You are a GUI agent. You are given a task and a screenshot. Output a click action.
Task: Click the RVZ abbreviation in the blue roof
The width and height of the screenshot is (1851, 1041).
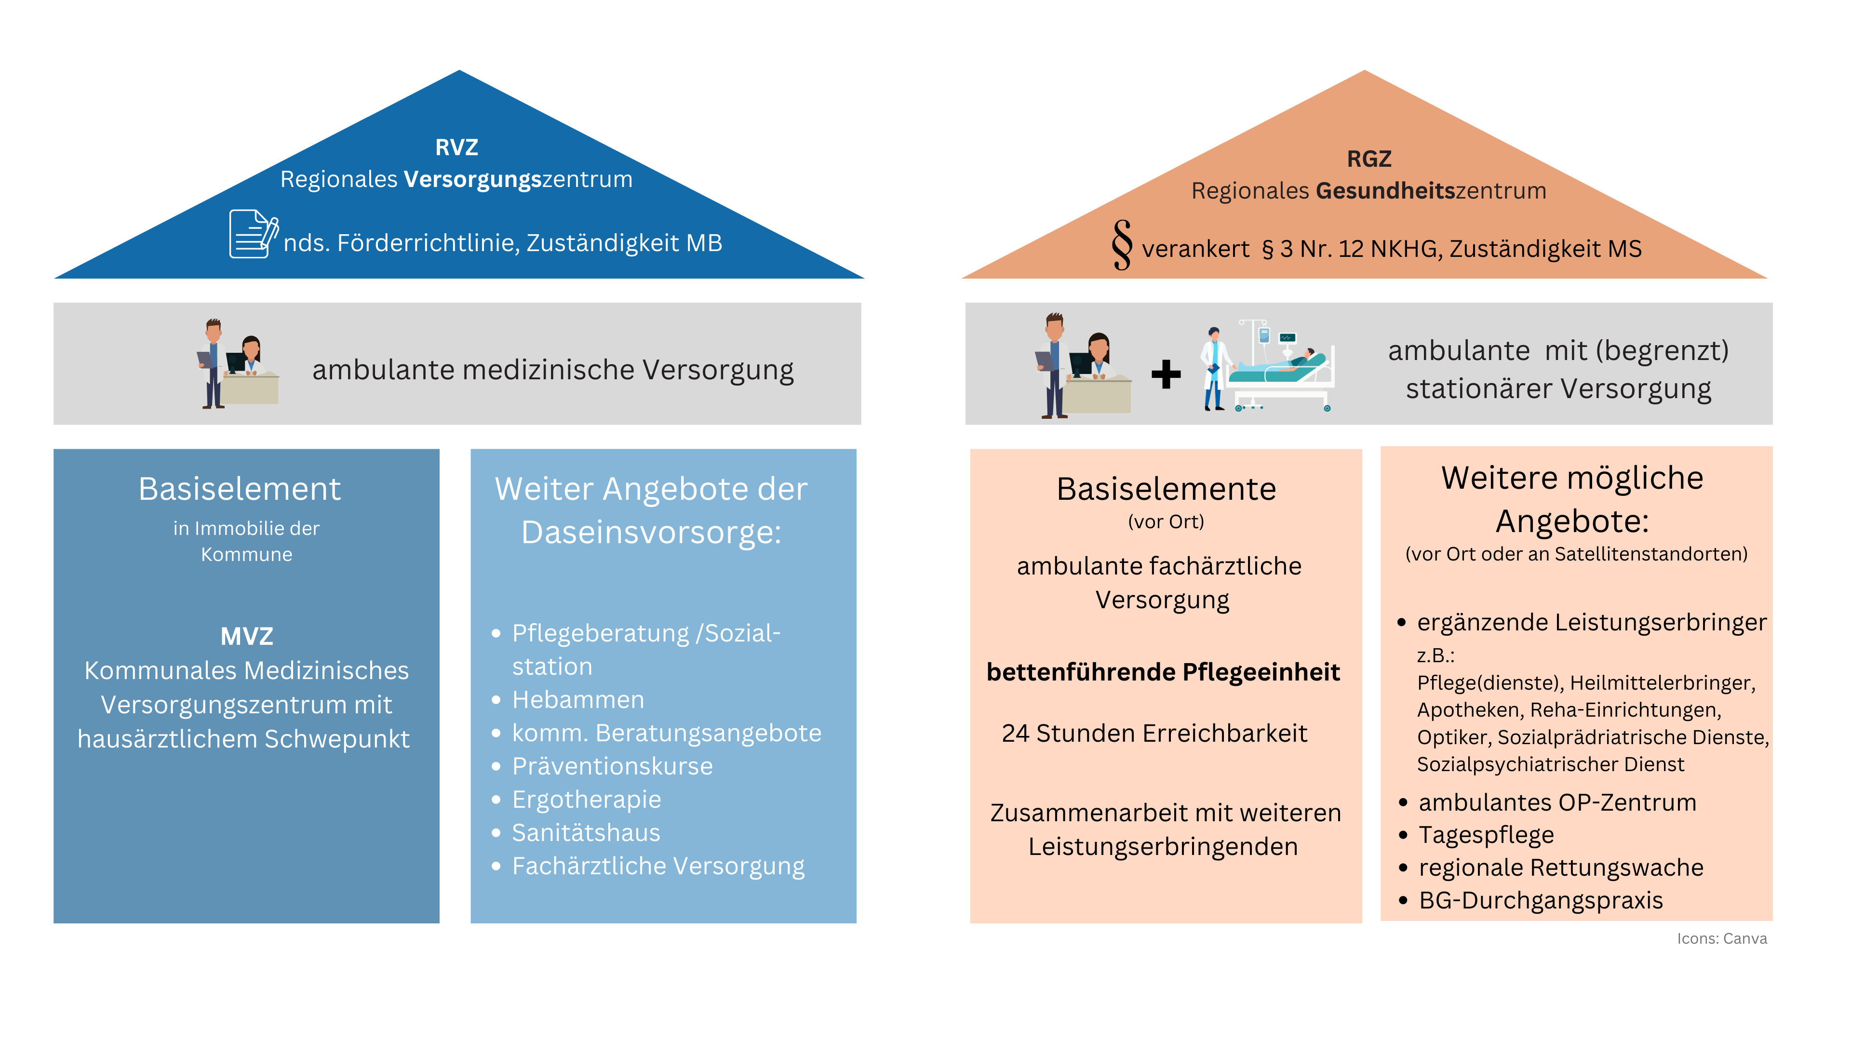point(456,147)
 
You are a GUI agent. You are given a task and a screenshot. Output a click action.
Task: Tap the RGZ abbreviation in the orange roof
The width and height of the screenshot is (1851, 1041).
point(1369,159)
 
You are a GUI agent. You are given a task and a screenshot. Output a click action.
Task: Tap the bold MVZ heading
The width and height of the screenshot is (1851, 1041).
point(246,636)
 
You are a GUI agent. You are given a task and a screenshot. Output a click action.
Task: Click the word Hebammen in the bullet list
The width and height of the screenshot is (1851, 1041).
point(578,699)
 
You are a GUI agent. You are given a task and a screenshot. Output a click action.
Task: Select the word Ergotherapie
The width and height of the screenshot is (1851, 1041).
point(586,799)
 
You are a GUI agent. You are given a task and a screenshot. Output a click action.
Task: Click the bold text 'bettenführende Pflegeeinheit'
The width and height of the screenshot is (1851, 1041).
point(1163,672)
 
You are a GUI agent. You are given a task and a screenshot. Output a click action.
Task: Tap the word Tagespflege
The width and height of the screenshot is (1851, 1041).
point(1486,835)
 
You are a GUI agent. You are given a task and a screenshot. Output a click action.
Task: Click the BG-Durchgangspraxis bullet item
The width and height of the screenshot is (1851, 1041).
point(1541,900)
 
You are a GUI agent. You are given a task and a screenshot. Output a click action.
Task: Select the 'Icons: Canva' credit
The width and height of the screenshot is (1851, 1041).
point(1722,938)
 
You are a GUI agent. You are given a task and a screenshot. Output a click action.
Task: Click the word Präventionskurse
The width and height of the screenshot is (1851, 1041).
point(612,766)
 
